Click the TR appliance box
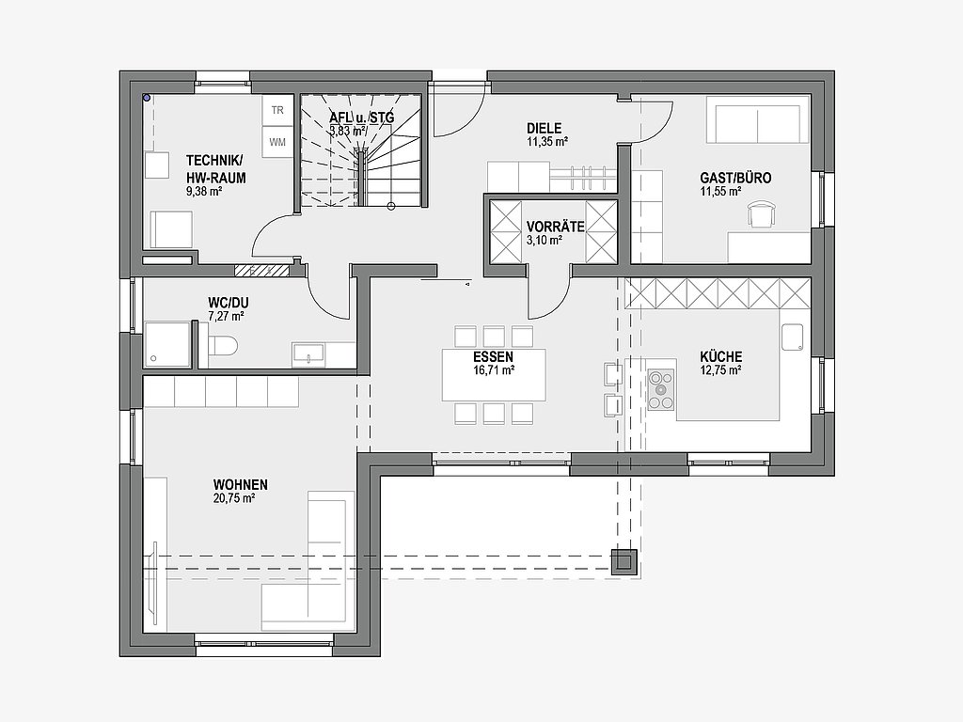[277, 111]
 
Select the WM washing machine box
[277, 142]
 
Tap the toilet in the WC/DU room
[222, 345]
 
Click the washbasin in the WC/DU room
[308, 354]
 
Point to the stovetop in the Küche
[661, 390]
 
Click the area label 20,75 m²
[234, 498]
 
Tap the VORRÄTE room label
[555, 226]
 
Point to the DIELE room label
[545, 128]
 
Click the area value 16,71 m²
[493, 370]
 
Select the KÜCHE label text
[721, 356]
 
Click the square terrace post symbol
[624, 561]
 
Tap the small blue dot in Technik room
[146, 97]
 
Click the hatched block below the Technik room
[261, 270]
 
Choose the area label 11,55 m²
[720, 192]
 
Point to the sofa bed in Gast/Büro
[758, 119]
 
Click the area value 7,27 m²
[226, 317]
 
